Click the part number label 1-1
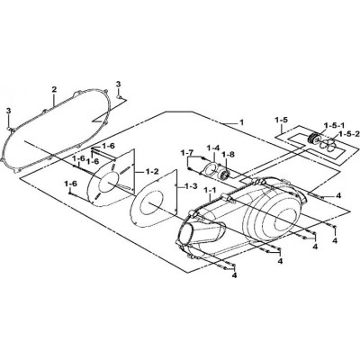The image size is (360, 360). coord(209,190)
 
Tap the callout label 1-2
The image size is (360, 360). coord(152,173)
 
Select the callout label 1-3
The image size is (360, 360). coord(191,186)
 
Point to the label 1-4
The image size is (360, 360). coord(213,148)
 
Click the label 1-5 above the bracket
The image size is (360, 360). coord(282,120)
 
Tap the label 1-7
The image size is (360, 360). coord(186,153)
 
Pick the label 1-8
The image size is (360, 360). coord(228,154)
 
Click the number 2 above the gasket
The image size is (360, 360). coord(54,89)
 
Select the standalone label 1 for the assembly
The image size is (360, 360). coord(242,122)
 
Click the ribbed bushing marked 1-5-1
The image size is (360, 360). coord(313,139)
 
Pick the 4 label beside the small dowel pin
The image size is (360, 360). coord(338,196)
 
